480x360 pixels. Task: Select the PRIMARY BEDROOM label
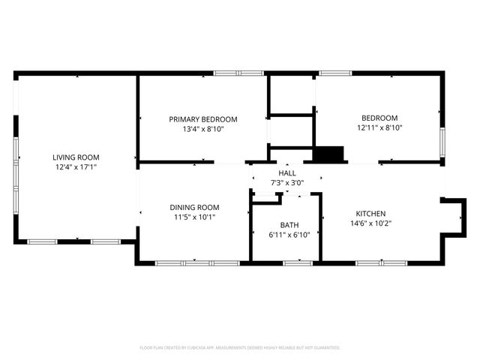(202, 119)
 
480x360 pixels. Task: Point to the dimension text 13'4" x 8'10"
(202, 129)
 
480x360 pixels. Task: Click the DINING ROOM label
(193, 208)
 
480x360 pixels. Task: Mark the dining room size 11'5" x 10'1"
(193, 217)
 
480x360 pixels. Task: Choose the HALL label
(287, 172)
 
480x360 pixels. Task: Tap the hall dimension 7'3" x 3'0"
(287, 182)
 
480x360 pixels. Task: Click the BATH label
(289, 225)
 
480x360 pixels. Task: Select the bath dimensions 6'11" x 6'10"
(289, 235)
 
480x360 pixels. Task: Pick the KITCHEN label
(370, 213)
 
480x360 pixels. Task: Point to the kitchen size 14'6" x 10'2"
(370, 223)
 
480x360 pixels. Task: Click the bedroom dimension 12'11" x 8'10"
(379, 128)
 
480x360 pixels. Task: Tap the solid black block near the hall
(328, 154)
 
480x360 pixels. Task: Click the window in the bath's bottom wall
(298, 262)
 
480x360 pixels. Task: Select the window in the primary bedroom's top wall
(238, 73)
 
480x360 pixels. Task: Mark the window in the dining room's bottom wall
(197, 262)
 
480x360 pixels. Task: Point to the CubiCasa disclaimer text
(240, 348)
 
